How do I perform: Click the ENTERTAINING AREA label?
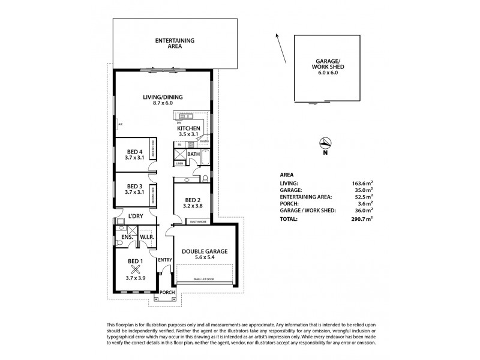click(x=175, y=43)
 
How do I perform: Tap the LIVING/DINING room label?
click(x=163, y=100)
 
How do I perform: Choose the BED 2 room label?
click(x=192, y=203)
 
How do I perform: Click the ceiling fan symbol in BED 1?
click(x=135, y=269)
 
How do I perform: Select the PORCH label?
click(x=167, y=293)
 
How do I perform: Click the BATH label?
click(x=193, y=154)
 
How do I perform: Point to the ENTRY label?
click(x=164, y=260)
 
